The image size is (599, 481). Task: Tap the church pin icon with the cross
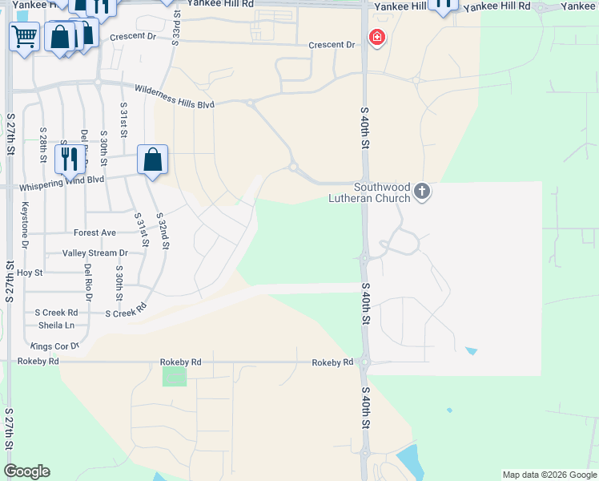(x=422, y=192)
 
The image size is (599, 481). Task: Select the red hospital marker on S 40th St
(x=376, y=38)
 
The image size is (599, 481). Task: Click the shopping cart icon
(x=24, y=35)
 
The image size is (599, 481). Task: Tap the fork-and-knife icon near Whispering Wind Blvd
(x=69, y=158)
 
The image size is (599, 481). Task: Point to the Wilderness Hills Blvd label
(x=175, y=96)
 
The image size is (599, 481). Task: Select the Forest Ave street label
(x=94, y=233)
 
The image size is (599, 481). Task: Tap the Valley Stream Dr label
(x=94, y=253)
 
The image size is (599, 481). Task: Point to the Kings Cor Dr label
(x=54, y=346)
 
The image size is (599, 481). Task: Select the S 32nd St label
(x=163, y=231)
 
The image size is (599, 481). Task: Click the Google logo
(x=26, y=471)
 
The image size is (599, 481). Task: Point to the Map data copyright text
(x=549, y=475)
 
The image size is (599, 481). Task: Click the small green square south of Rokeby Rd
(x=174, y=377)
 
